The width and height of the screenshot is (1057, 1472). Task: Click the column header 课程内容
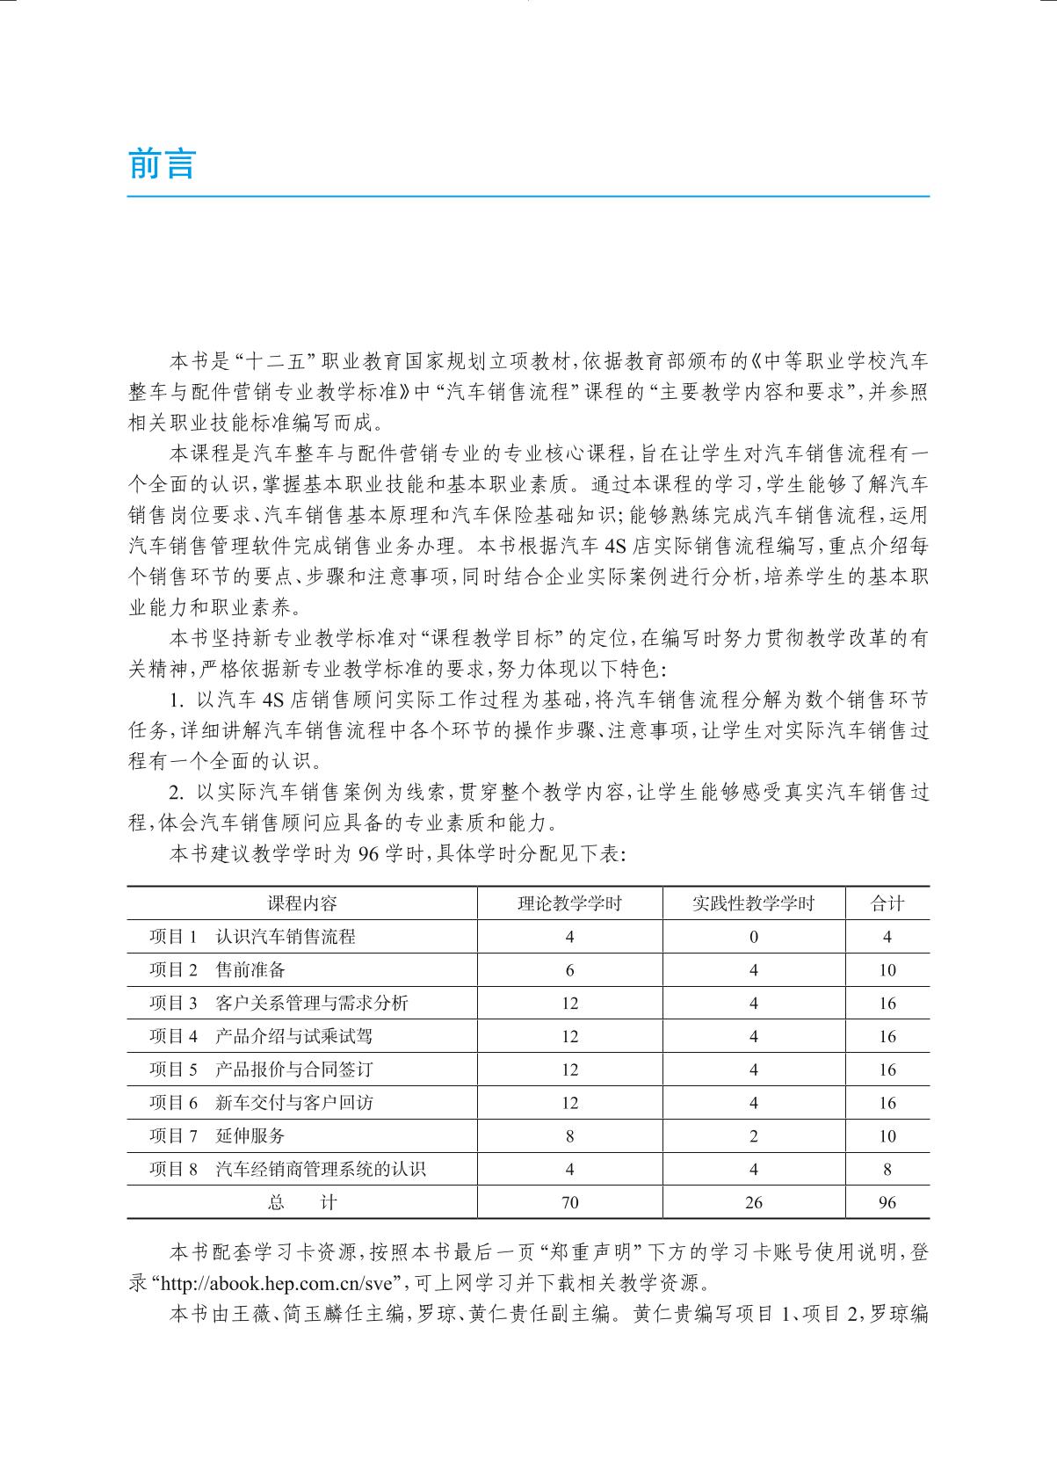[302, 903]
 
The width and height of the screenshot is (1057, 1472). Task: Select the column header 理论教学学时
[569, 903]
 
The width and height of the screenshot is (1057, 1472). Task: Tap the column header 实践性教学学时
[753, 903]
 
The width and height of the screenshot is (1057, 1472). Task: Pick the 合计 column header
[887, 903]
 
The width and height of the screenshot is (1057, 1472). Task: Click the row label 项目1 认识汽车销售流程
[252, 937]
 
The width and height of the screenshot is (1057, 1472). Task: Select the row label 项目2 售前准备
[217, 970]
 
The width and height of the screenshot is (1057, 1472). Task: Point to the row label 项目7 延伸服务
[217, 1136]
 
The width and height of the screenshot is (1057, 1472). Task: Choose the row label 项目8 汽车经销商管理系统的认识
[287, 1170]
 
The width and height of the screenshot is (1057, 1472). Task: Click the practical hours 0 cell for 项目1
[754, 937]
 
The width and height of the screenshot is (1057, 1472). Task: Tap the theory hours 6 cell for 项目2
[570, 970]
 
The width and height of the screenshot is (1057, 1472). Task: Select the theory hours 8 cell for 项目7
[570, 1136]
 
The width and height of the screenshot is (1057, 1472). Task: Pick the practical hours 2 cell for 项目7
[754, 1136]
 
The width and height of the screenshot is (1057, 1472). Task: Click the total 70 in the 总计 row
[570, 1203]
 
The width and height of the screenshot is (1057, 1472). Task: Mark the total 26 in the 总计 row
[754, 1203]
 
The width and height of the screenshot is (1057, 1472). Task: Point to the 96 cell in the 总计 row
[887, 1203]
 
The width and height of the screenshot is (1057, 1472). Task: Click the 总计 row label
[302, 1203]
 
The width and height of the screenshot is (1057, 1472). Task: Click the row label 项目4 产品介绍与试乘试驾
[261, 1037]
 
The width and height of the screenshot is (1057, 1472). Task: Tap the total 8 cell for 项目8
[887, 1170]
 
